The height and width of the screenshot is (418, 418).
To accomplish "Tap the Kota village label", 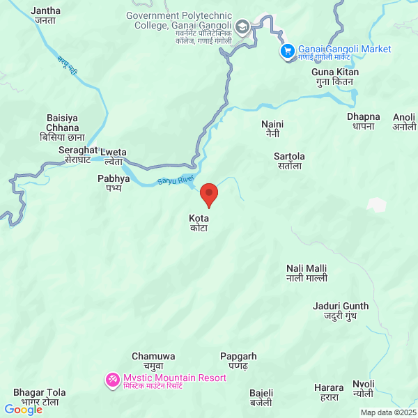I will tap(199, 223).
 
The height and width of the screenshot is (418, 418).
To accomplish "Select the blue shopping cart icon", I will tap(287, 51).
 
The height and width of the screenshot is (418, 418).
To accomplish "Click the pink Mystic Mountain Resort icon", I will tap(112, 380).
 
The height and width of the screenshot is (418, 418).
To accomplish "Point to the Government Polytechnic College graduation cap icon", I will tap(242, 29).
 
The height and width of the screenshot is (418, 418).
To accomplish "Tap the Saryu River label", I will tap(176, 180).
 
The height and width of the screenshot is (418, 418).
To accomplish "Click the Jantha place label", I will tap(46, 15).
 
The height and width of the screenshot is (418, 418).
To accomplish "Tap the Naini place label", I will tap(272, 128).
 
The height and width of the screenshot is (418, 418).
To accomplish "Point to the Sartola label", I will tap(289, 161).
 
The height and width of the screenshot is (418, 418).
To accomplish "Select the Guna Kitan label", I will tap(335, 77).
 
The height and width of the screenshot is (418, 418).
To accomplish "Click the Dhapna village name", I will tap(364, 121).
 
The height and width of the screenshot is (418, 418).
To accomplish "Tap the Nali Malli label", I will tap(307, 273).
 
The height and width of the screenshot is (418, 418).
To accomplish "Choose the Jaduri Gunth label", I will tap(341, 311).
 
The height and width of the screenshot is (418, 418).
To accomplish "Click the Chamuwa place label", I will tap(148, 361).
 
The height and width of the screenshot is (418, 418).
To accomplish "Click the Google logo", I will tap(23, 410).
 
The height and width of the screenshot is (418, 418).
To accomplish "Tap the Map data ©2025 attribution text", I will tap(387, 412).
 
